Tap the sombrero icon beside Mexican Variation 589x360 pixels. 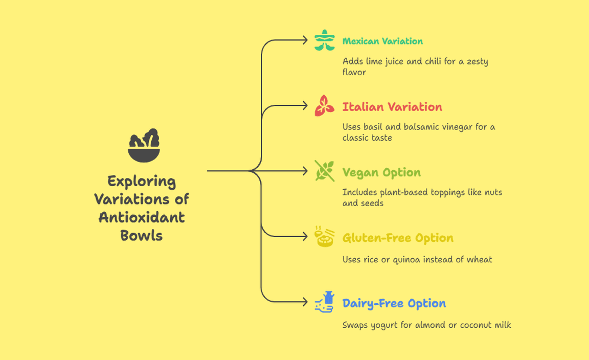[324, 40]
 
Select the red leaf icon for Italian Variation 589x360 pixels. [324, 106]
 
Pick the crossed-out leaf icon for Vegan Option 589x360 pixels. [324, 171]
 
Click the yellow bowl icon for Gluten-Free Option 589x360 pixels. [324, 237]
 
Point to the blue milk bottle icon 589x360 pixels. [324, 302]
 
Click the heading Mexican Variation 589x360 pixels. [382, 41]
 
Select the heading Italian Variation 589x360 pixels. [392, 107]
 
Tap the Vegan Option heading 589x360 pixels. [381, 172]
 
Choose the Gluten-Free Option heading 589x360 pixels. [398, 238]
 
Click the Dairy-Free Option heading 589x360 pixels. [394, 303]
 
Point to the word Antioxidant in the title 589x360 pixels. [142, 217]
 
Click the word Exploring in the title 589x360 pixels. [142, 181]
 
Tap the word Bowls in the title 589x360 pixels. [142, 235]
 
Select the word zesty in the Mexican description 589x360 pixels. [476, 61]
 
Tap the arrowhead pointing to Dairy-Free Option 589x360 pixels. [305, 302]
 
